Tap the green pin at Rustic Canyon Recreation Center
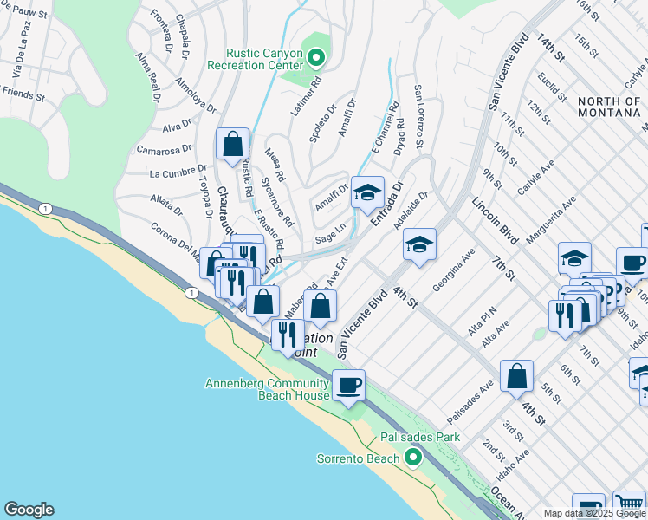(x=316, y=59)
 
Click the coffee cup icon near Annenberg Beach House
(x=348, y=386)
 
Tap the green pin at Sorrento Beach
(x=414, y=458)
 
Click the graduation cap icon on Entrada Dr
(x=366, y=192)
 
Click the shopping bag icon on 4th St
(x=516, y=375)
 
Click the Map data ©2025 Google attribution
(x=594, y=513)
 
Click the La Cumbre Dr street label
(x=178, y=171)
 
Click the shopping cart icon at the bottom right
(x=629, y=505)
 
